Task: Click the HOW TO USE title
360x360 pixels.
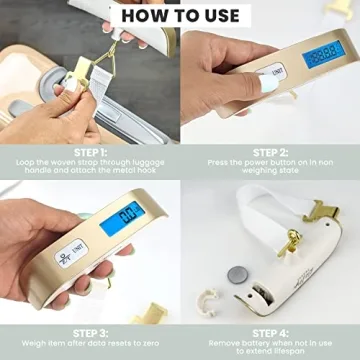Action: pyautogui.click(x=180, y=15)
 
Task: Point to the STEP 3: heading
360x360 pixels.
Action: pyautogui.click(x=90, y=332)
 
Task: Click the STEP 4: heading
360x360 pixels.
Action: pyautogui.click(x=270, y=332)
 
